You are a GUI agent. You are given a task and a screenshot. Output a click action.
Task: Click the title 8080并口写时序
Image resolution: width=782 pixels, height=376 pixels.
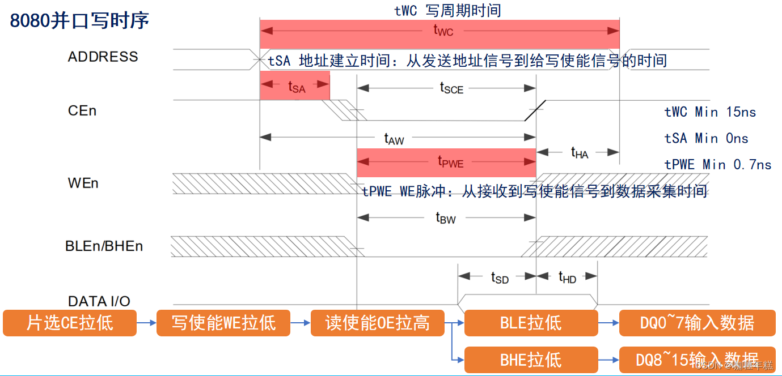click(80, 20)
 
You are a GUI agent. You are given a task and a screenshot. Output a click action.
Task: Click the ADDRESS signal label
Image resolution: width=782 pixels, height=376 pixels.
click(103, 57)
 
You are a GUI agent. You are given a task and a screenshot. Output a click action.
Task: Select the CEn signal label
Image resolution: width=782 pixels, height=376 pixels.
click(82, 110)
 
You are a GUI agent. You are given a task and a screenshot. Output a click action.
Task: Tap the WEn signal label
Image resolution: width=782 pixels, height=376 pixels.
click(83, 183)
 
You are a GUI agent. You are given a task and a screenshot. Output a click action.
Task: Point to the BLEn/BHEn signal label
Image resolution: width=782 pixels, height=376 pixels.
click(104, 246)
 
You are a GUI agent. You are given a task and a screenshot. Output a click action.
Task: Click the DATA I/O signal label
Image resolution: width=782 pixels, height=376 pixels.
click(99, 301)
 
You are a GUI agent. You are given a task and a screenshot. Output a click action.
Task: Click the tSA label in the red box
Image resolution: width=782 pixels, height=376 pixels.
click(296, 87)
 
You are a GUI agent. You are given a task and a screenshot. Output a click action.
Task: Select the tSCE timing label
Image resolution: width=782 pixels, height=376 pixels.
click(451, 88)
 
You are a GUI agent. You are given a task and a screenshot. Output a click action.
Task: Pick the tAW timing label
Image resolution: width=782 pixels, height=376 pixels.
click(394, 138)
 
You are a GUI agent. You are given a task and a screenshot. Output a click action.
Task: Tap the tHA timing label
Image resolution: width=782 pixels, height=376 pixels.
click(579, 152)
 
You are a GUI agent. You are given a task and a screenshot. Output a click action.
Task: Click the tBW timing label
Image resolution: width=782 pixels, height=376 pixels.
click(446, 217)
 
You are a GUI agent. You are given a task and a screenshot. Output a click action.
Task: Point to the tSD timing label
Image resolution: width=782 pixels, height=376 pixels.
click(500, 277)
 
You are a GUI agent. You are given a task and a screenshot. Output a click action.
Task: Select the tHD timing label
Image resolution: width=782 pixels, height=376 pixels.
click(567, 277)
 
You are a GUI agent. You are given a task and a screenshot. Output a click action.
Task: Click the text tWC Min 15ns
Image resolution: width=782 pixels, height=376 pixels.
click(710, 112)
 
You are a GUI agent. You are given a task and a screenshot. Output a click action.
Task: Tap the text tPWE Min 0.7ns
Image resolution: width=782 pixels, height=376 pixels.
click(718, 165)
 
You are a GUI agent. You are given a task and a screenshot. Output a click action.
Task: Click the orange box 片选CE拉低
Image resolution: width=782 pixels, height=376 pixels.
click(70, 323)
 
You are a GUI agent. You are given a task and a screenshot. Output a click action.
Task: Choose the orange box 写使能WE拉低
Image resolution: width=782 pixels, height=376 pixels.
click(223, 323)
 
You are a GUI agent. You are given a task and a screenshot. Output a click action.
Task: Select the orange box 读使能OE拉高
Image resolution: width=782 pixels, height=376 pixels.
click(377, 323)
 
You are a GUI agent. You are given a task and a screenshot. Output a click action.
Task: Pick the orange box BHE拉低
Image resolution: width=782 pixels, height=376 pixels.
click(531, 360)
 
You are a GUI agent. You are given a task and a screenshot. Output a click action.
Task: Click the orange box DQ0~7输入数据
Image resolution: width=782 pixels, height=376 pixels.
click(697, 323)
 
